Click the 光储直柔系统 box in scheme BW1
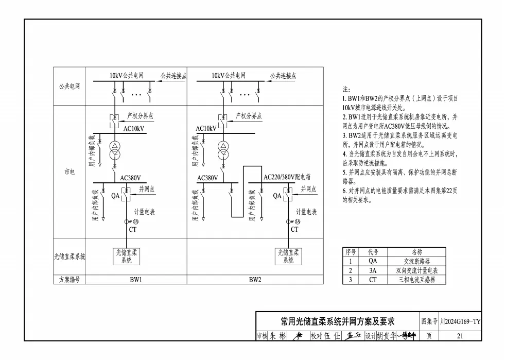[126, 256]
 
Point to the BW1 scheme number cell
[136, 280]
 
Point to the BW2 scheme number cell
[255, 280]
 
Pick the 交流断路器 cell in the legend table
[416, 261]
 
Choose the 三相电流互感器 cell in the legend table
[416, 280]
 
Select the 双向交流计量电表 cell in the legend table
[416, 270]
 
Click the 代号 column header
[373, 252]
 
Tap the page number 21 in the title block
[460, 336]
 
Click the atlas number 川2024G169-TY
[460, 322]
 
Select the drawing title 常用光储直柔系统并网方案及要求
[337, 322]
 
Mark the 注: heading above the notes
[346, 89]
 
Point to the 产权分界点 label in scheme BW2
[249, 116]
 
